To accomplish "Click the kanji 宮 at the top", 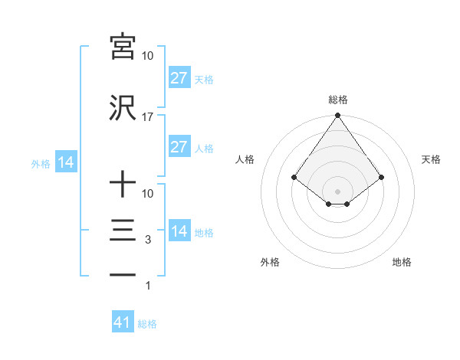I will tap(123, 46).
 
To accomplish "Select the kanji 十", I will tap(123, 185).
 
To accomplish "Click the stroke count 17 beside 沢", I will tap(148, 117).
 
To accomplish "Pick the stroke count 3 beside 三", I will tap(148, 240).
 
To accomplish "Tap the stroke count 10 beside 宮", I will tap(148, 56).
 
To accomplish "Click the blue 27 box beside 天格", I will tap(179, 78).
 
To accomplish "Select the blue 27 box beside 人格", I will tap(179, 147).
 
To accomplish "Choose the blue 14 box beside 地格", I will tap(179, 231).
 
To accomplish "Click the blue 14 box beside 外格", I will tap(65, 162).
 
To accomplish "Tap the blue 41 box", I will tap(123, 322).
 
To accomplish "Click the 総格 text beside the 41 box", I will tap(147, 324).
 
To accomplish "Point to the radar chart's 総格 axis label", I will tap(337, 100).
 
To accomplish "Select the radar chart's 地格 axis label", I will tap(402, 262).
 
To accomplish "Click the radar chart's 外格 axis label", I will tap(270, 262).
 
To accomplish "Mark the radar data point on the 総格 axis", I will tap(337, 116).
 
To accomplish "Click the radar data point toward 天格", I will tap(381, 177).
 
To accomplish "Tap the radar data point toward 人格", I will tap(294, 177).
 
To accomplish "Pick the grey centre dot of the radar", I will tap(337, 191).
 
